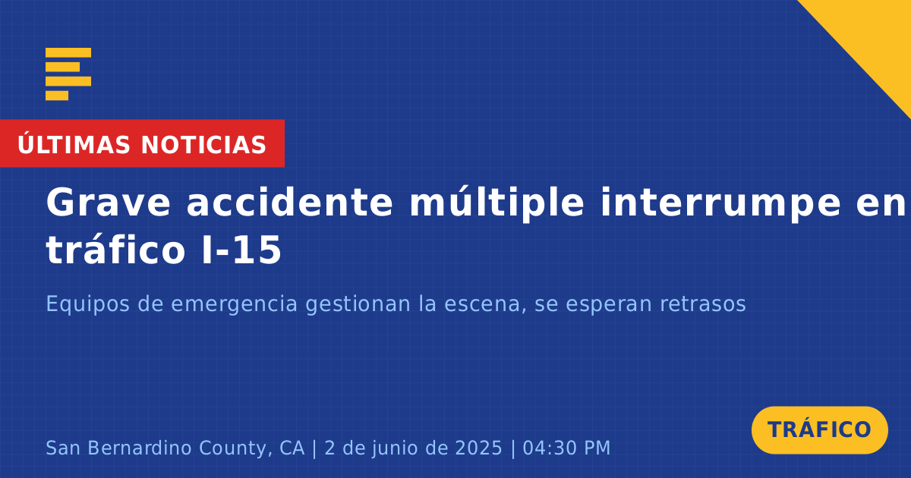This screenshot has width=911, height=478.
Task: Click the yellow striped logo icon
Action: coord(68,74)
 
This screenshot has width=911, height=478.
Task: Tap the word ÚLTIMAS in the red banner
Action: coord(74,144)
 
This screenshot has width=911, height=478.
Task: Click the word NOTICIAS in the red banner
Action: coord(203,145)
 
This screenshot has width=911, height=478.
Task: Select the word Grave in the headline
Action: coord(108,203)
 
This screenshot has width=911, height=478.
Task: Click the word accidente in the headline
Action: coord(289,202)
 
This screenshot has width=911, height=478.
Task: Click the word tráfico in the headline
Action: coord(115,249)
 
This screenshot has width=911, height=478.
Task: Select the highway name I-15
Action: coord(241,250)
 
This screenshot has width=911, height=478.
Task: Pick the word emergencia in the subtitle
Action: coord(235,305)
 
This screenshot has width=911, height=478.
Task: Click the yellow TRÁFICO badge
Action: coord(819,430)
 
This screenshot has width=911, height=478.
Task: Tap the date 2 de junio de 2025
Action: coord(414,448)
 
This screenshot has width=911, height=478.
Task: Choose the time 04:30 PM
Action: coord(566,448)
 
